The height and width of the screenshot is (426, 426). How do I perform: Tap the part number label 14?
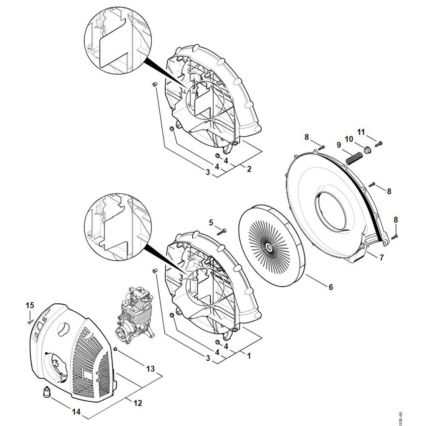(x=76, y=412)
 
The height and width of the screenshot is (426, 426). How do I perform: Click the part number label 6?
(x=331, y=287)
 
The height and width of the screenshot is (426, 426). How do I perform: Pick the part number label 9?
(x=339, y=145)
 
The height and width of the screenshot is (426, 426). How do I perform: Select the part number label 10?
(x=349, y=139)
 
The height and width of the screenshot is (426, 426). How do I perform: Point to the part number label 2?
(x=249, y=169)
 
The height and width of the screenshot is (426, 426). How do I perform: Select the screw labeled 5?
(x=222, y=231)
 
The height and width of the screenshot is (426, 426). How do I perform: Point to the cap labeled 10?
(x=366, y=150)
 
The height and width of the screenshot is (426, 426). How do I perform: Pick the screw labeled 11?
(x=380, y=143)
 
